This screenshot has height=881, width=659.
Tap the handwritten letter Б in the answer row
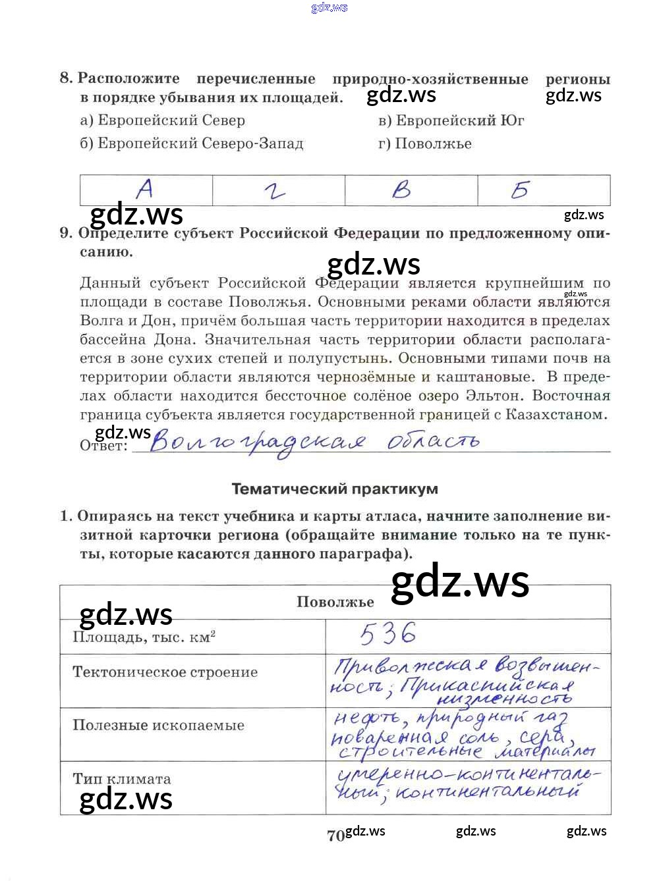pyautogui.click(x=520, y=190)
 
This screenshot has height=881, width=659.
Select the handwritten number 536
pyautogui.click(x=388, y=634)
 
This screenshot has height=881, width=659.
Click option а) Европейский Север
pyautogui.click(x=162, y=120)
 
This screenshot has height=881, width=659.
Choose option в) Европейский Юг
pyautogui.click(x=451, y=120)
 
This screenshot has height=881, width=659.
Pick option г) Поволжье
pyautogui.click(x=425, y=144)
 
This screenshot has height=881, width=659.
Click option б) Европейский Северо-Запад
pyautogui.click(x=192, y=144)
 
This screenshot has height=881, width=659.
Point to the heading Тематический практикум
pyautogui.click(x=335, y=489)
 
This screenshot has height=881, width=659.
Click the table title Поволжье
pyautogui.click(x=335, y=602)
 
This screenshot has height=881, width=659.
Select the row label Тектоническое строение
pyautogui.click(x=165, y=672)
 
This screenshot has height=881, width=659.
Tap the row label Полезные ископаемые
pyautogui.click(x=158, y=726)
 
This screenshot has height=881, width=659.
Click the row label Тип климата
pyautogui.click(x=122, y=779)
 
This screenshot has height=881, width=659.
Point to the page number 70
pyautogui.click(x=335, y=836)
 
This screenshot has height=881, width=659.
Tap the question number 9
pyautogui.click(x=65, y=233)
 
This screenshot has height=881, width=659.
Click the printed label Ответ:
pyautogui.click(x=103, y=446)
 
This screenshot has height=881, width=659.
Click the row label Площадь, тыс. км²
pyautogui.click(x=144, y=637)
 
